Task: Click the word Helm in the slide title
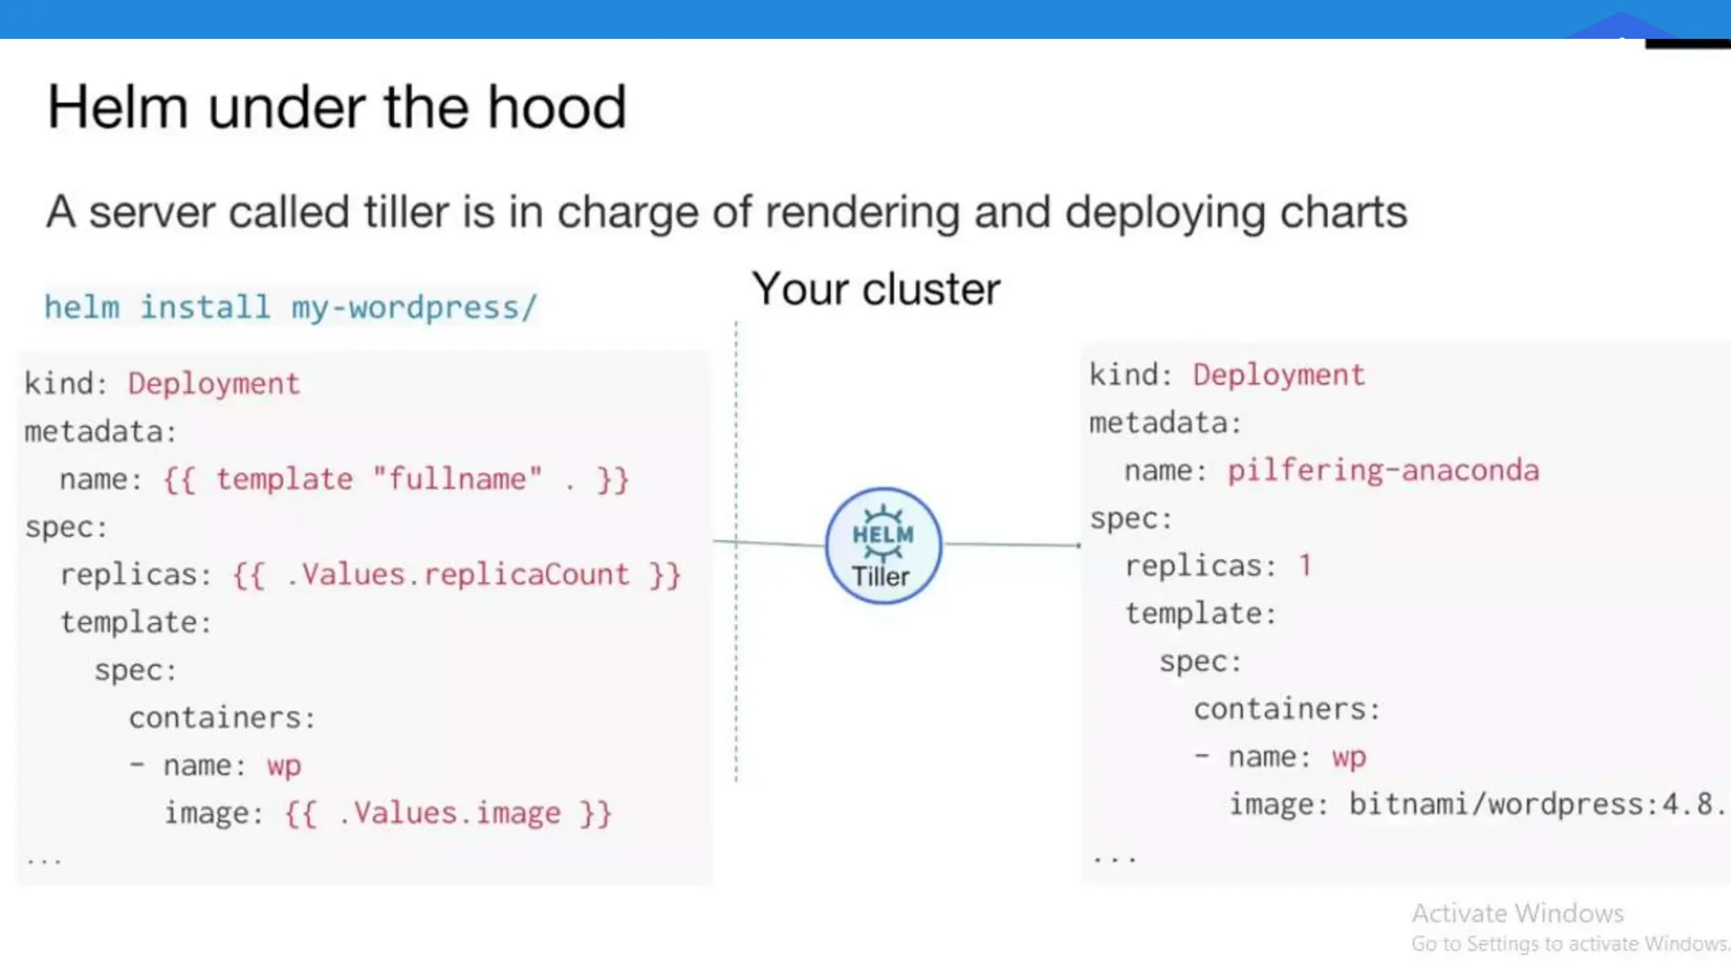tap(117, 107)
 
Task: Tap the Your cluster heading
tap(876, 289)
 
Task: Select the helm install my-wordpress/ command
tap(290, 307)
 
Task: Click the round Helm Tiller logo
tap(882, 545)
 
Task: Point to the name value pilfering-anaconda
tap(1383, 470)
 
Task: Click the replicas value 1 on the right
tap(1305, 565)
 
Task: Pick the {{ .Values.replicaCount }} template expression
tap(456, 575)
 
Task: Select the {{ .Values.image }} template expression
tap(448, 813)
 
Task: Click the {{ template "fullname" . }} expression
tap(396, 479)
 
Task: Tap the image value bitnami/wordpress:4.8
tap(1535, 803)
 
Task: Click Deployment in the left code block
tap(214, 384)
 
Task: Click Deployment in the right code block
tap(1278, 375)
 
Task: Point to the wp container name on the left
tap(284, 766)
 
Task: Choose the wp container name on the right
tap(1349, 757)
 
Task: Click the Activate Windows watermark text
tap(1517, 913)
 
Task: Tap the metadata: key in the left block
tap(101, 432)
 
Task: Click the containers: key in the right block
tap(1286, 709)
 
